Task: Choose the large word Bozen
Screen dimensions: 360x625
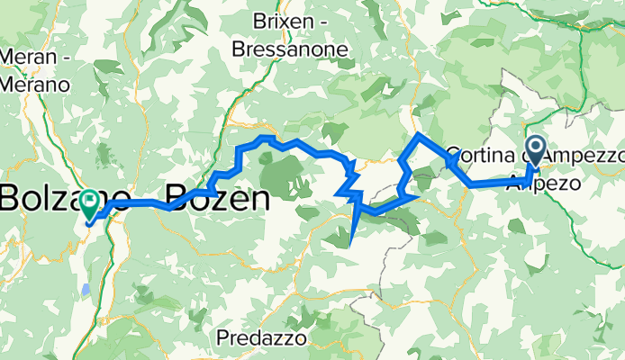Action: coord(216,197)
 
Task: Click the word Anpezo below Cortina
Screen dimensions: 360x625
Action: coord(540,181)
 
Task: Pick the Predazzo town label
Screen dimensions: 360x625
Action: coord(262,338)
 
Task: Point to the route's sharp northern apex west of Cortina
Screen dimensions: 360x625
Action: coord(418,134)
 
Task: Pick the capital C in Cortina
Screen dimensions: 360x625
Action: coord(452,154)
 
